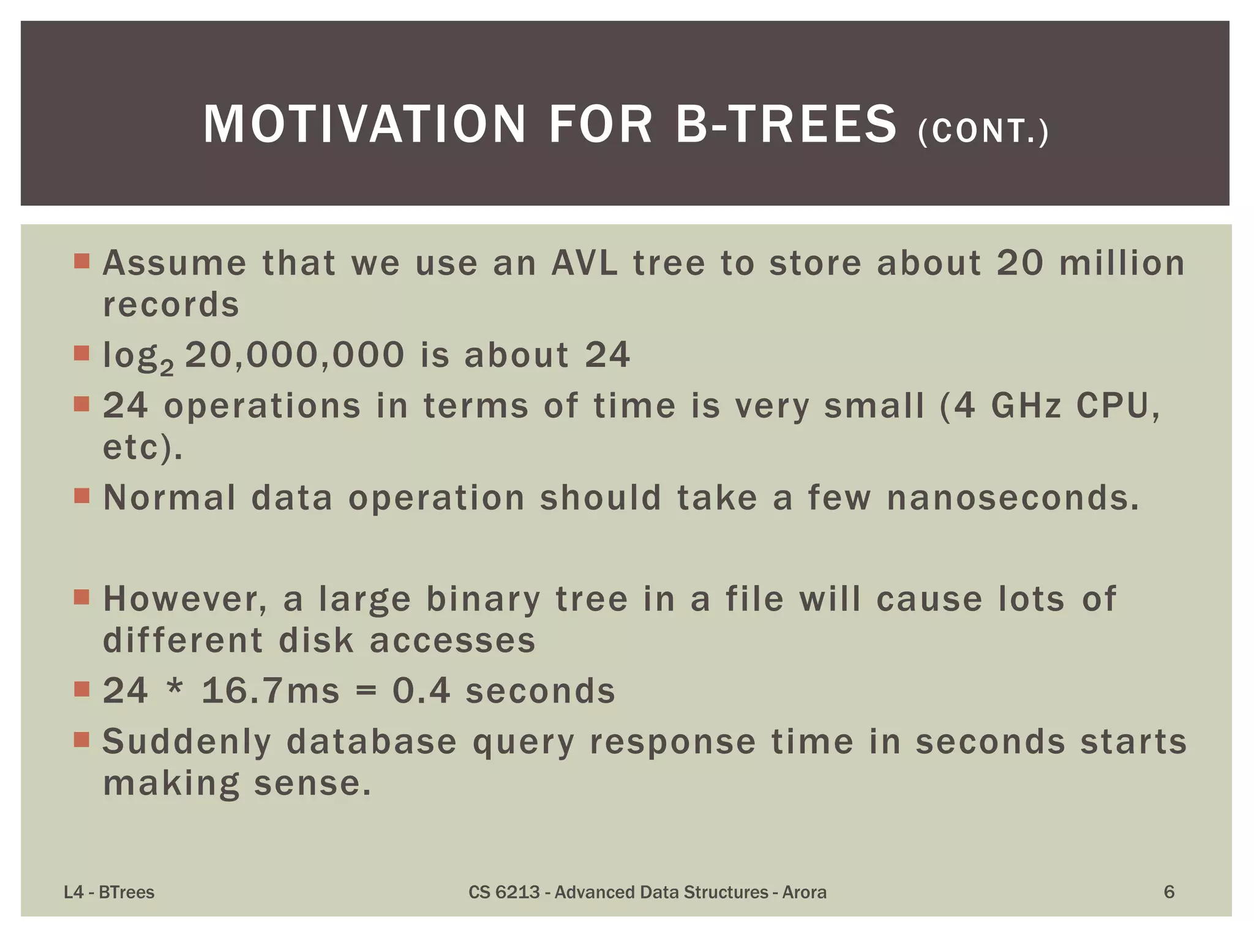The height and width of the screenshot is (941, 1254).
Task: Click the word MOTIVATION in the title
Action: pos(364,124)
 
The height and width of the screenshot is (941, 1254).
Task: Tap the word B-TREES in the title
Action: pos(786,124)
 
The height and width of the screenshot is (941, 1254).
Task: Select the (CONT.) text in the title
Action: pos(983,131)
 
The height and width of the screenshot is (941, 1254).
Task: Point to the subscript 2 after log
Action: pos(167,366)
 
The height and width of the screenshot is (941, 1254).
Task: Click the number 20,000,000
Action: pos(295,355)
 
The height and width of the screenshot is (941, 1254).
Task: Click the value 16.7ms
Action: pos(270,690)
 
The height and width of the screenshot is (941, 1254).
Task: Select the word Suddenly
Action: pos(187,743)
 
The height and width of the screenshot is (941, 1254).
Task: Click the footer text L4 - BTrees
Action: pos(109,892)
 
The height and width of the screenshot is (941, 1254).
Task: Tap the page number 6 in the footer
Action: pos(1168,892)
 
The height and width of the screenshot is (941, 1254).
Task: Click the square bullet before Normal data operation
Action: pos(81,495)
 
